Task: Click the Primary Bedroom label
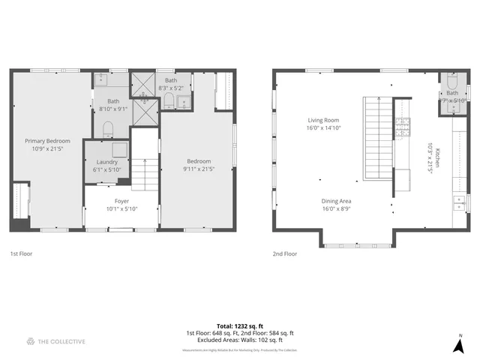click(x=47, y=141)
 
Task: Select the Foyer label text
click(x=121, y=201)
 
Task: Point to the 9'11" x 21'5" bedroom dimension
click(x=199, y=169)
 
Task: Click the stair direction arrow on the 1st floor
click(x=145, y=162)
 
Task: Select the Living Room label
click(x=323, y=120)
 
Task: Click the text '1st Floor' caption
click(x=20, y=253)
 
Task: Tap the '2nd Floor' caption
click(x=284, y=253)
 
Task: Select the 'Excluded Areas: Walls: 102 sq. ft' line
click(x=240, y=340)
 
